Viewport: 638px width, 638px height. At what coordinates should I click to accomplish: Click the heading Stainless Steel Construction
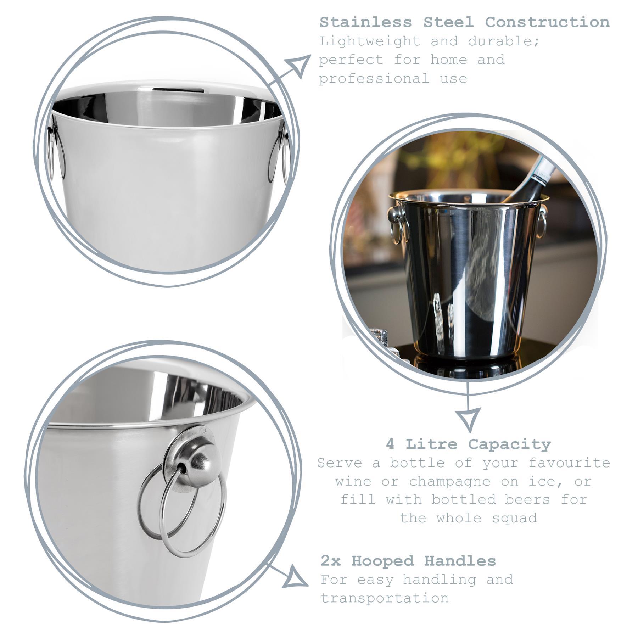[464, 22]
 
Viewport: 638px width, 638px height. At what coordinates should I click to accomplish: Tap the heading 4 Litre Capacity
[468, 444]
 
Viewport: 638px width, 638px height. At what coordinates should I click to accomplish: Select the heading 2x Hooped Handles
[408, 561]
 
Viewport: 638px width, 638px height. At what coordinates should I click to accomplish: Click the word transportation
[385, 598]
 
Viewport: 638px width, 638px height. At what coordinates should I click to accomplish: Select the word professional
[374, 78]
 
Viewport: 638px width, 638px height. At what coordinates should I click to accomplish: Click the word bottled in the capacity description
[464, 500]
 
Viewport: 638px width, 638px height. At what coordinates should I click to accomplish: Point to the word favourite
[569, 463]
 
